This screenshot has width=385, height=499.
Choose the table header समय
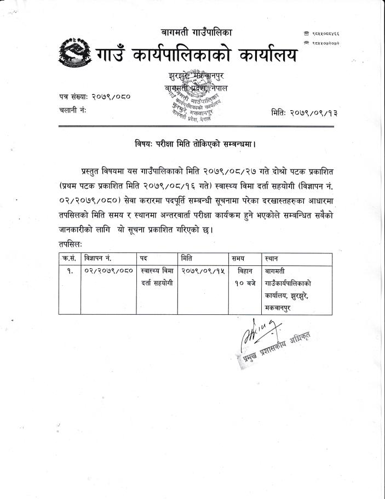point(239,257)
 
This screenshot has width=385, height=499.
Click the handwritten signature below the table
point(257,334)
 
